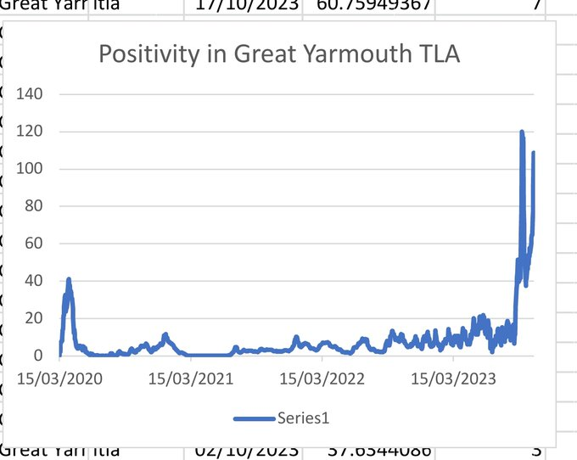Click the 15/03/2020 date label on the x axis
[59, 378]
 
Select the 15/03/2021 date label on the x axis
[190, 378]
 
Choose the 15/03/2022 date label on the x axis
[322, 378]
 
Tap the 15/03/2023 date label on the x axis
[452, 378]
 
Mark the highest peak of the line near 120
[522, 132]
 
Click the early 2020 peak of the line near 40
[69, 280]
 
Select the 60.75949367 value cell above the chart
[373, 6]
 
